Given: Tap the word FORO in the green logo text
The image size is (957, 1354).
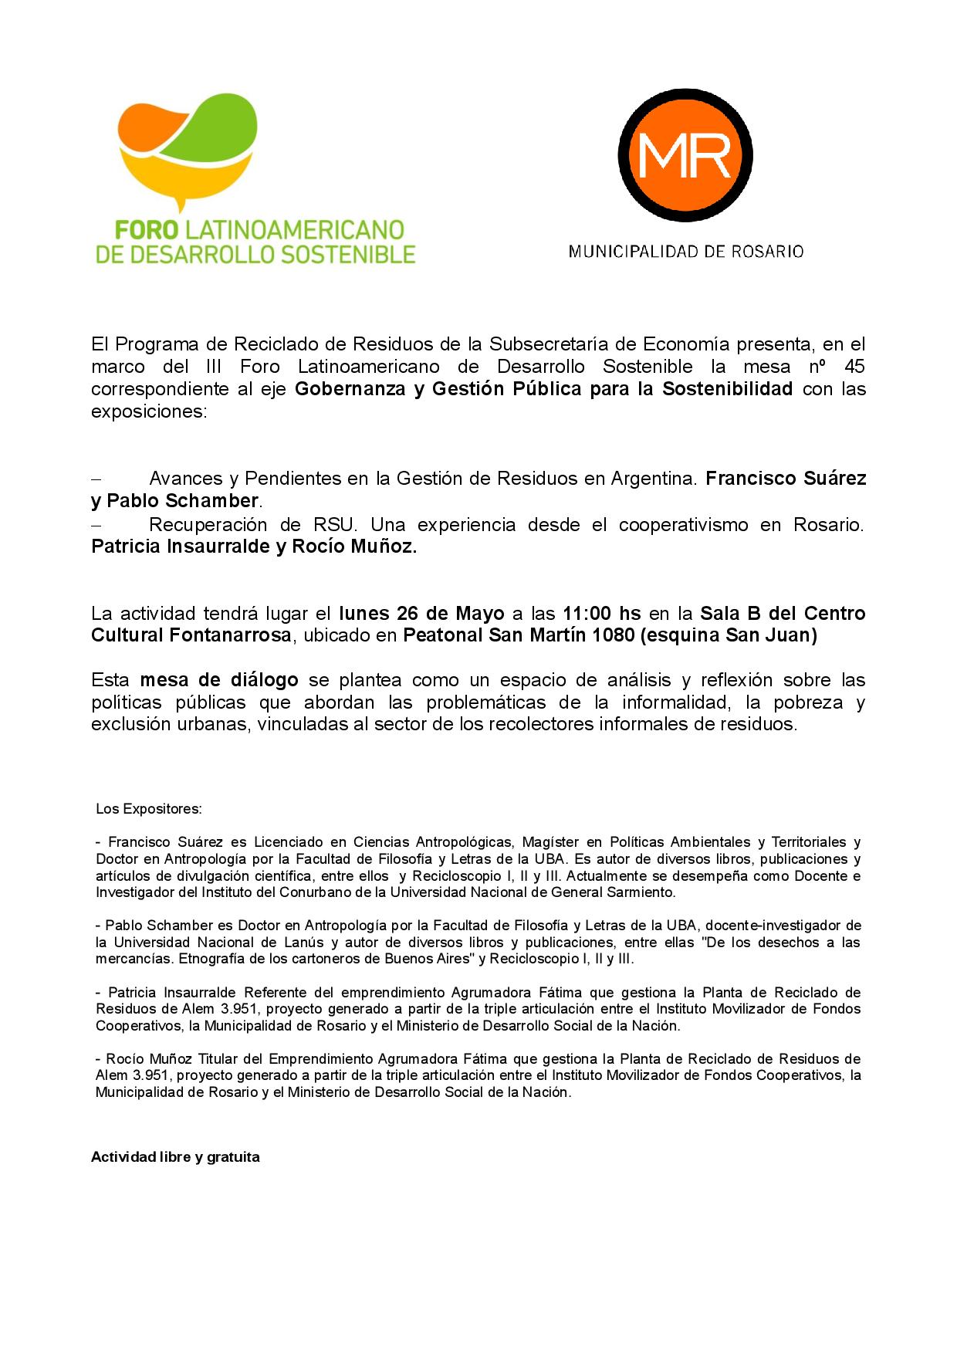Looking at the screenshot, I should click(147, 230).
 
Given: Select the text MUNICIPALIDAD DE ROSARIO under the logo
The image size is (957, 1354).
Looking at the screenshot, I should click(686, 252).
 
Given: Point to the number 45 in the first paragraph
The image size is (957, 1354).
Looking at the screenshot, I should click(854, 365).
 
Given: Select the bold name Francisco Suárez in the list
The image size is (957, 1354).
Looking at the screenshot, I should click(786, 478).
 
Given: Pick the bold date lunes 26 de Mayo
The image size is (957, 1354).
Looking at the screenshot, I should click(421, 614).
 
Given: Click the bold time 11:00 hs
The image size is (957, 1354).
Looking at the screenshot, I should click(602, 614).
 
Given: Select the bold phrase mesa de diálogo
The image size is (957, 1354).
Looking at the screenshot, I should click(219, 680).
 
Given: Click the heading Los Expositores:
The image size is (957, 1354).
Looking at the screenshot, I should click(149, 809).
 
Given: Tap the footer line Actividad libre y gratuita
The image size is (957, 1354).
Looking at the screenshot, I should click(175, 1157).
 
